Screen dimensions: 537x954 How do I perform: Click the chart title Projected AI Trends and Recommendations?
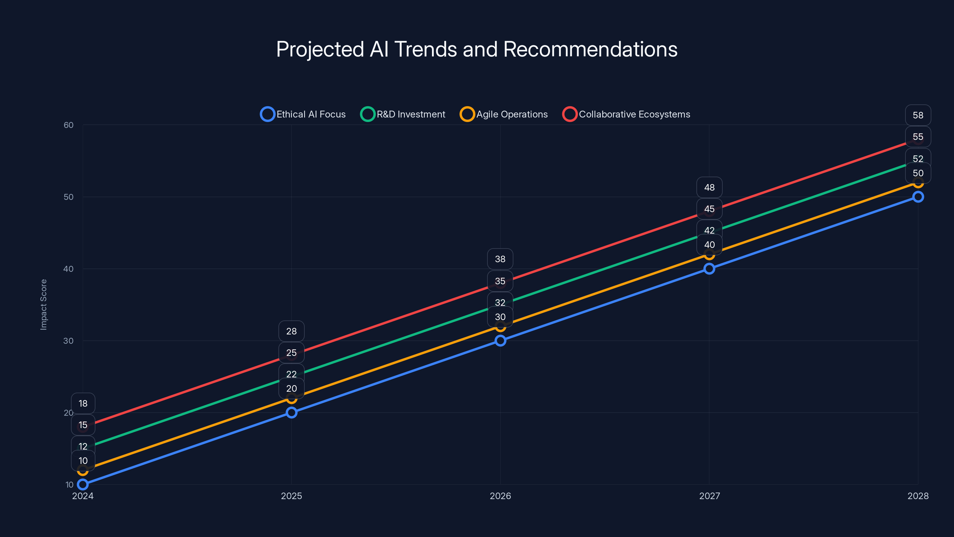tap(477, 49)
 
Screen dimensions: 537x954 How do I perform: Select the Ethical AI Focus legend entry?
tap(303, 114)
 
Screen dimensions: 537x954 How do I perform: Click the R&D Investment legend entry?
tap(403, 114)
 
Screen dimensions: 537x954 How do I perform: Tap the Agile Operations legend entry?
tap(504, 114)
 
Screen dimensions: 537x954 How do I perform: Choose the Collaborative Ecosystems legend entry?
tap(626, 114)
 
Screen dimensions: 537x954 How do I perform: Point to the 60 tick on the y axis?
tap(69, 125)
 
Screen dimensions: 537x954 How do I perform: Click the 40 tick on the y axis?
tap(69, 269)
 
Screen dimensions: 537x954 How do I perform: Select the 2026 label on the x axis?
tap(500, 496)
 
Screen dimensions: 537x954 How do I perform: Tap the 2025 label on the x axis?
tap(292, 496)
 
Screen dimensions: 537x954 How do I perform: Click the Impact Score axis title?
tap(44, 304)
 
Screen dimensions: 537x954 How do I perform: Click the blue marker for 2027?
tap(709, 269)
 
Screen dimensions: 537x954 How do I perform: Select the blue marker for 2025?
tap(292, 413)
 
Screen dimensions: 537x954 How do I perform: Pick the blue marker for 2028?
tap(918, 197)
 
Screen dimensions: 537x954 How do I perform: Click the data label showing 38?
tap(500, 259)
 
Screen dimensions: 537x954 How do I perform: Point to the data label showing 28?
tap(292, 331)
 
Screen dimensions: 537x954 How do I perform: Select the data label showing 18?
tap(83, 403)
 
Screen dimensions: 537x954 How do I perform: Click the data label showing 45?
tap(709, 209)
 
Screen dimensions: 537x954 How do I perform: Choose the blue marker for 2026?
tap(500, 341)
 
